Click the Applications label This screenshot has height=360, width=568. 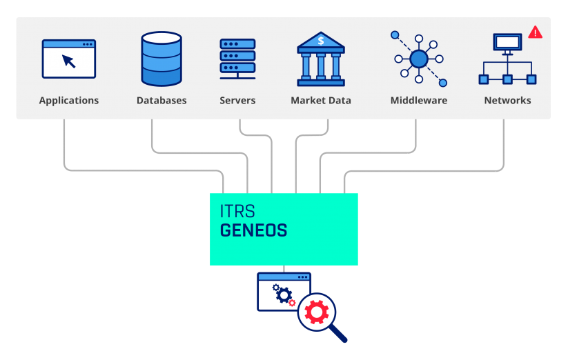69,101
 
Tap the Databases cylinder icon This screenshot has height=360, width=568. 161,59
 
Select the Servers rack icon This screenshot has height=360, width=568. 237,59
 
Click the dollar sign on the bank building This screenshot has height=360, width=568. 321,41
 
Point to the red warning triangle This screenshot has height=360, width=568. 535,32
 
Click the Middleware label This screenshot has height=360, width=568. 419,101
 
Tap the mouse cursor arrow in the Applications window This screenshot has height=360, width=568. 68,61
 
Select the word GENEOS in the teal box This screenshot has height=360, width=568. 253,230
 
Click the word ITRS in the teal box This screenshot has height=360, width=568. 237,211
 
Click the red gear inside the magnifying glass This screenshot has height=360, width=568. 317,312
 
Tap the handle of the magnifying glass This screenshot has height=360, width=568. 338,334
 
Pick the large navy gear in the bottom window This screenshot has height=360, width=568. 284,296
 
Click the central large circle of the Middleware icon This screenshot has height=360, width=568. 419,59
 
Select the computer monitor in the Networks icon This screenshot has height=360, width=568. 507,43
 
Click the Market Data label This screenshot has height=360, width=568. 321,101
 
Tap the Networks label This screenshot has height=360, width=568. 507,101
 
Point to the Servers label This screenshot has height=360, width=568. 237,101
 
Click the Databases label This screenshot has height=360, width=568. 161,101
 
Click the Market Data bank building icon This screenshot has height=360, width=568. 321,59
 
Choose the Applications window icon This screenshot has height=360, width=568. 69,59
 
